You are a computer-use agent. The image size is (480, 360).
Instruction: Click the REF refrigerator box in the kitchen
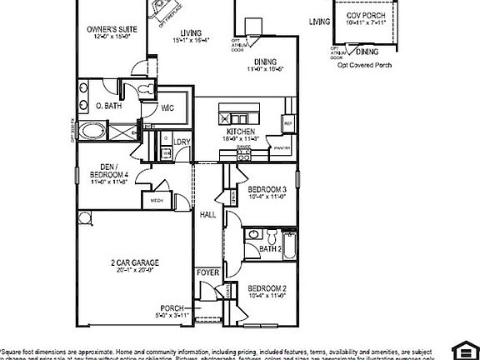click(288, 123)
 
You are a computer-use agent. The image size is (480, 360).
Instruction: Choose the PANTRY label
click(282, 147)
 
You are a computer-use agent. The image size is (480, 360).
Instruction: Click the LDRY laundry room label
click(183, 142)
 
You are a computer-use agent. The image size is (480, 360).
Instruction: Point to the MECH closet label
click(156, 201)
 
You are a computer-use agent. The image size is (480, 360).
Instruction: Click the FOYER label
click(207, 272)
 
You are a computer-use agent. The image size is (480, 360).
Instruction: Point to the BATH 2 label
click(269, 248)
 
